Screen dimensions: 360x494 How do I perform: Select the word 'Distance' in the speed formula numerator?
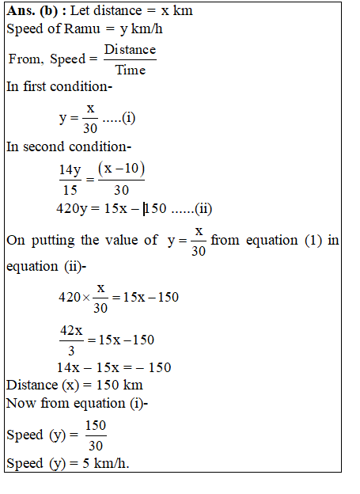131,50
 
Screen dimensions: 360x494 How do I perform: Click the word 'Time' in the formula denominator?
131,70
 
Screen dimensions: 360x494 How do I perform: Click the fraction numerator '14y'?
70,170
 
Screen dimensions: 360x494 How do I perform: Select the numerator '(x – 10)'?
121,170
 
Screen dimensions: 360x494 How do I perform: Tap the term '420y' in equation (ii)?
74,209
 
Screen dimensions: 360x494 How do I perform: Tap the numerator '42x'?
72,330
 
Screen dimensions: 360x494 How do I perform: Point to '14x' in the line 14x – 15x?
68,367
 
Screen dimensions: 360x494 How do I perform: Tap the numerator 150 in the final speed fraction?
95,426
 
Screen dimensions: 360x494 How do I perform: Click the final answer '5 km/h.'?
101,464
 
